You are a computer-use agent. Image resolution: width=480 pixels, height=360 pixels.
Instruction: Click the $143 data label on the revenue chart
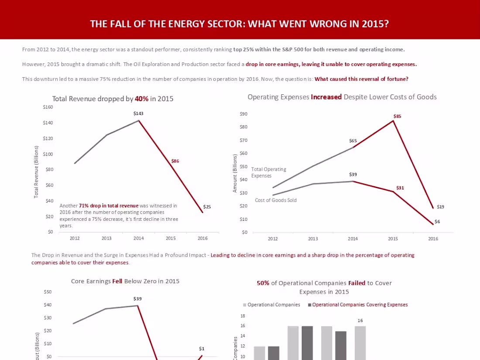coord(138,113)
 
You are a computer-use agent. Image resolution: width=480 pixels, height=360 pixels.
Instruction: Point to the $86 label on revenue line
coord(175,161)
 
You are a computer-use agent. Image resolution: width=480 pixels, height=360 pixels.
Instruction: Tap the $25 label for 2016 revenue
coord(207,207)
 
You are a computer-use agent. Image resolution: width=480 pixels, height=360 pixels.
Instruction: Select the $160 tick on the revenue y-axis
coord(48,107)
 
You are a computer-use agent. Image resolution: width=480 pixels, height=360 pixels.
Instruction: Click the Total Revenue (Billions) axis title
coord(36,172)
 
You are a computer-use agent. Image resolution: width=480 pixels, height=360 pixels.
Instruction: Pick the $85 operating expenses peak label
coord(397,117)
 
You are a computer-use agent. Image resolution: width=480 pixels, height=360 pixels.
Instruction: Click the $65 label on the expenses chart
coord(353,141)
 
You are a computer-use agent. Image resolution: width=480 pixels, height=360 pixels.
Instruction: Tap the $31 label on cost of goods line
coord(400,188)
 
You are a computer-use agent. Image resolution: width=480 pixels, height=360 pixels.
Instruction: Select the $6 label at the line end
coord(437,222)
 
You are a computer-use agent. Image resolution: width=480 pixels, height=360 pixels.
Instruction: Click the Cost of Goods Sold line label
coord(276,200)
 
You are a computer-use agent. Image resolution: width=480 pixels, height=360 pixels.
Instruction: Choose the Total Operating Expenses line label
coord(268,172)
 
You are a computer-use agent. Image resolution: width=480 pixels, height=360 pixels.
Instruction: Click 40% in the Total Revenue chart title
coord(141,99)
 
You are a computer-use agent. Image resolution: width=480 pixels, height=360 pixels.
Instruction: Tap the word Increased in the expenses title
coord(326,97)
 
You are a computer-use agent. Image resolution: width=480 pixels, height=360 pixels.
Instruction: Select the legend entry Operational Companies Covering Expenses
coord(360,305)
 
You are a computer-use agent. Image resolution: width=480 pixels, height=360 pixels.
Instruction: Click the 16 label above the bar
coord(360,321)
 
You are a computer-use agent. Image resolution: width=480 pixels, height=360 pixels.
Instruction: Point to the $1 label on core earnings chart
coord(202,349)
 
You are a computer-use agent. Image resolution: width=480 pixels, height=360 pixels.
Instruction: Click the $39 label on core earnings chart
coord(137,299)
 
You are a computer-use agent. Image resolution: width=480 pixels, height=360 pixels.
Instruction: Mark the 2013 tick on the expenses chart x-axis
coord(313,239)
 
